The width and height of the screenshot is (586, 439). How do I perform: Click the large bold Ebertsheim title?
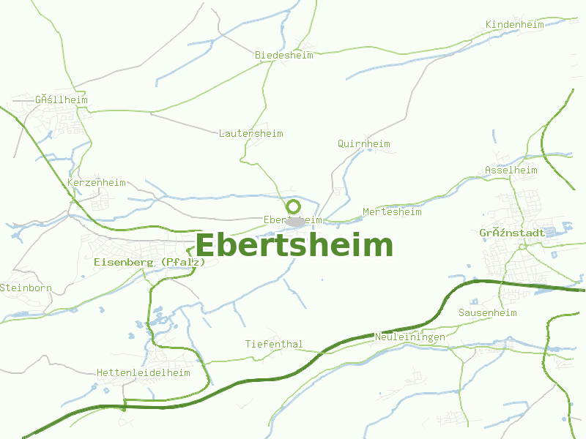click(x=294, y=245)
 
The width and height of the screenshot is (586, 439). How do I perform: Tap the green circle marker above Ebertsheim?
click(x=293, y=206)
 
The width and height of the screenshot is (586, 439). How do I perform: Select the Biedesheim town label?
click(x=283, y=55)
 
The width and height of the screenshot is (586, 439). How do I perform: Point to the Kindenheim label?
click(x=514, y=25)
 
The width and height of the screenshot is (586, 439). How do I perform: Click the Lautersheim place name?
click(x=251, y=133)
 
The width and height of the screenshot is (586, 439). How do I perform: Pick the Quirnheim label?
click(x=363, y=143)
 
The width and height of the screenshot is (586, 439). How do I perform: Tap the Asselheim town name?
click(x=511, y=170)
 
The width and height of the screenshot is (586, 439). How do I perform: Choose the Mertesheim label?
click(x=392, y=212)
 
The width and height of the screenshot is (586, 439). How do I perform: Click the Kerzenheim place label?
click(x=96, y=182)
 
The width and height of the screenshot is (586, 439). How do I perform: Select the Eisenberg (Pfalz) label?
click(x=149, y=261)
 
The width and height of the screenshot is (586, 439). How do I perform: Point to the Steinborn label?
click(x=26, y=288)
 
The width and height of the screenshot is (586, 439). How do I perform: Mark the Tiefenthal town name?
click(x=273, y=344)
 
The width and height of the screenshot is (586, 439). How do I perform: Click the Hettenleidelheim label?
click(x=143, y=372)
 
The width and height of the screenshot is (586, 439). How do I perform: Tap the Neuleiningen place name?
click(x=409, y=337)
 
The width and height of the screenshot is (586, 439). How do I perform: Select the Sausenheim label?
click(x=487, y=312)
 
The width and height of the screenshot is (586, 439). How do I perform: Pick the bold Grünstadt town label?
click(x=512, y=233)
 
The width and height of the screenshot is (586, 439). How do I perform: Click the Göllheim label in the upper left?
click(x=61, y=100)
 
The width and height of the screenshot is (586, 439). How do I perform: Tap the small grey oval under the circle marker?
click(x=294, y=220)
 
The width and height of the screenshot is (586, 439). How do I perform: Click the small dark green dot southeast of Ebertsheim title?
click(x=322, y=279)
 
